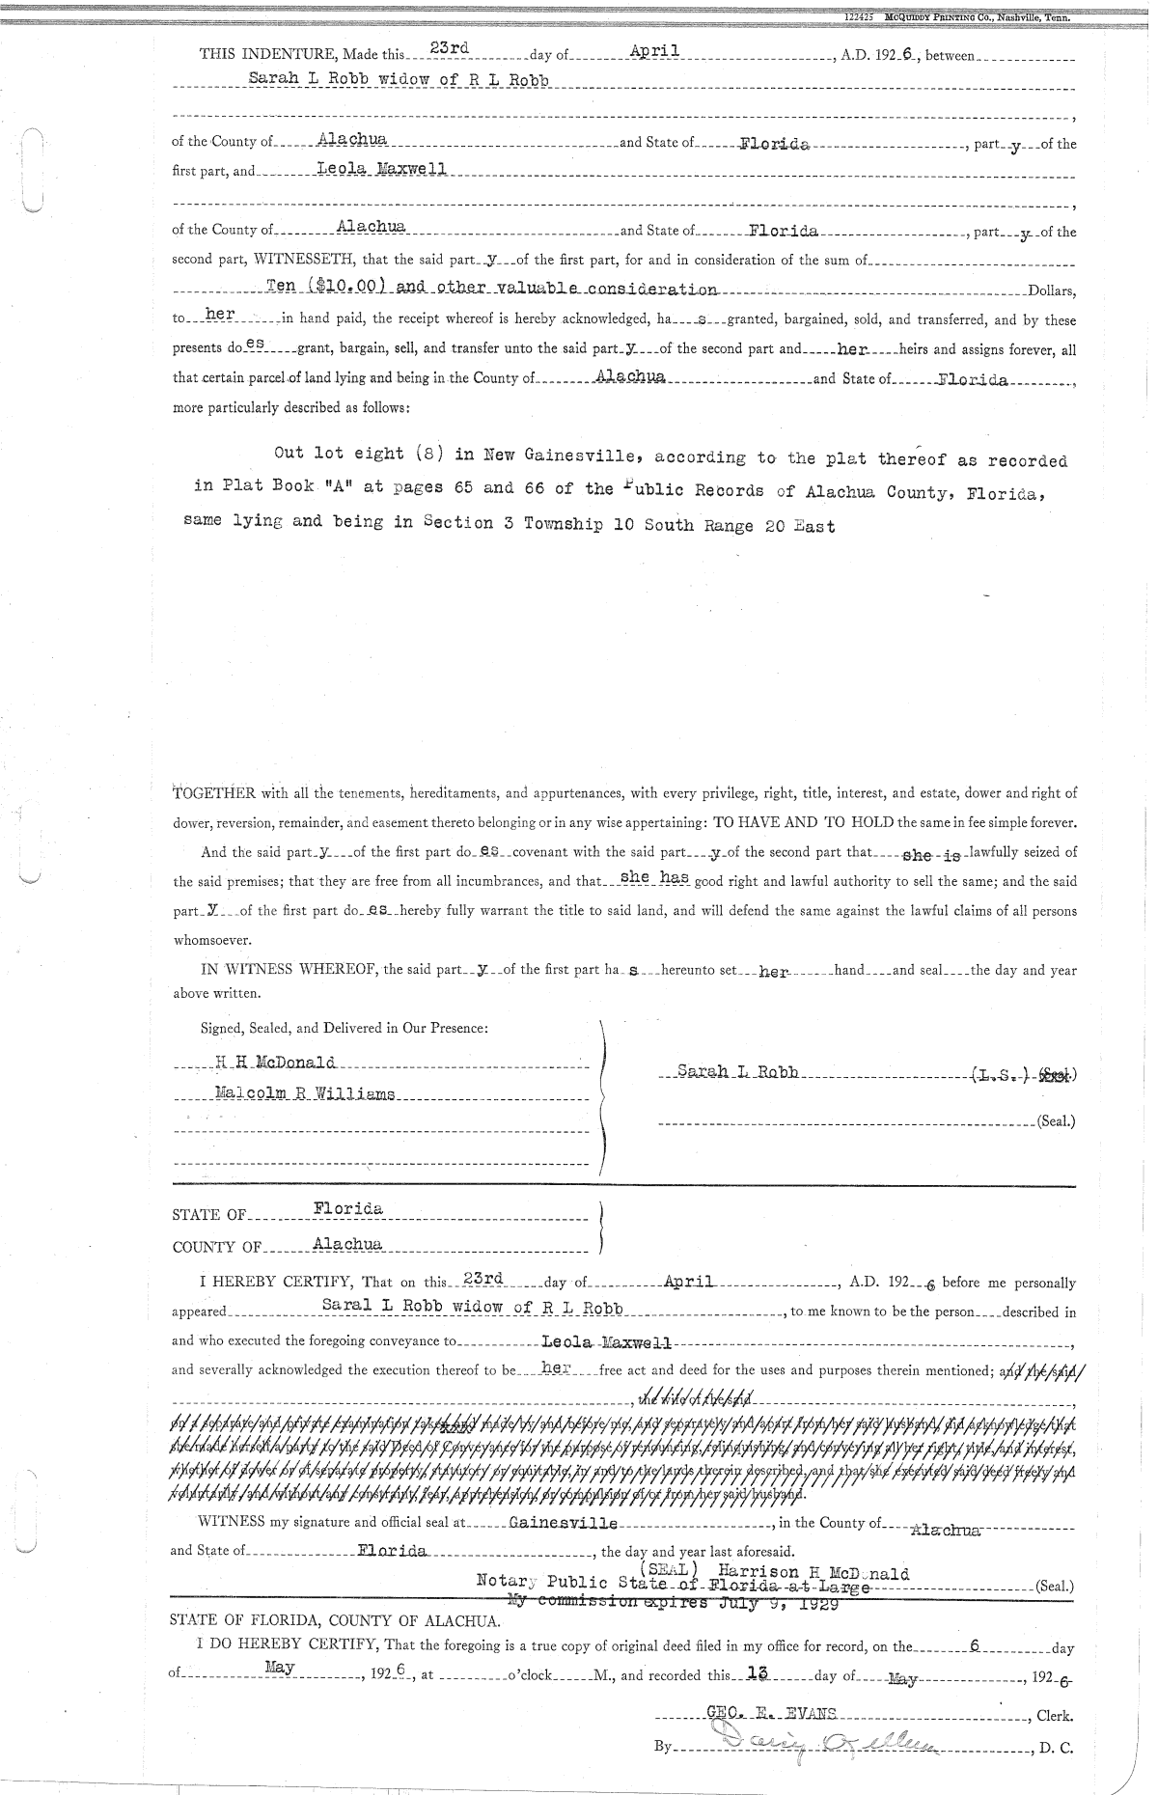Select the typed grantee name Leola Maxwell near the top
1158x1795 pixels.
pyautogui.click(x=381, y=168)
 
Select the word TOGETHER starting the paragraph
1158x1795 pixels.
pyautogui.click(x=213, y=793)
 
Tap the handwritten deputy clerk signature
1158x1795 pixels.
pyautogui.click(x=830, y=1743)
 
